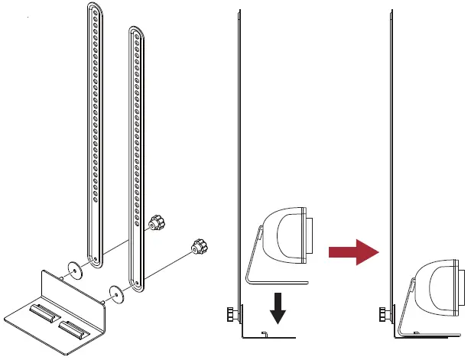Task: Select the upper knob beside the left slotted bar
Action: coord(157,222)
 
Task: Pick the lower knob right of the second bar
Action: coord(200,247)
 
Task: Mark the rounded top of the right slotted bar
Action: coord(135,31)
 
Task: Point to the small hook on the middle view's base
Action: coord(264,332)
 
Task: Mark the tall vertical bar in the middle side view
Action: coord(241,153)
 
